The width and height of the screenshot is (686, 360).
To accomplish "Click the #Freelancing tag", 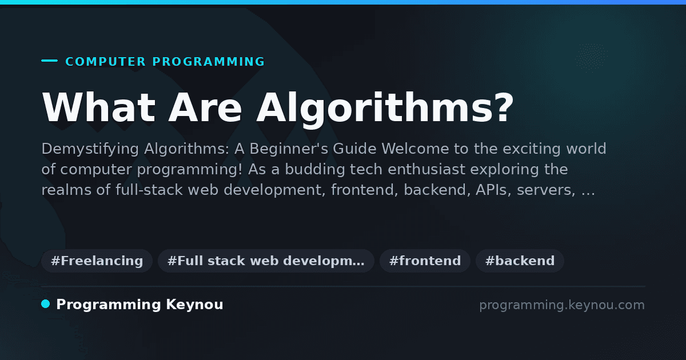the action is (97, 261).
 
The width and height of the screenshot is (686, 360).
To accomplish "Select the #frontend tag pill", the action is (425, 261).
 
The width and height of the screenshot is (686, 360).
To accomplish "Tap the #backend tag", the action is (520, 261).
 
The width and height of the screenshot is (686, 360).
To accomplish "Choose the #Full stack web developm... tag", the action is (266, 261).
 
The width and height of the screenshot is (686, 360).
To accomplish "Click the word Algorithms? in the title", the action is (385, 109).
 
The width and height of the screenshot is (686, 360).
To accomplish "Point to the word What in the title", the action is (98, 107).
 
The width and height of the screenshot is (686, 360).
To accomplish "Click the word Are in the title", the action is (205, 107).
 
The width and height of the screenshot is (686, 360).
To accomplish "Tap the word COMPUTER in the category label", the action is (105, 62).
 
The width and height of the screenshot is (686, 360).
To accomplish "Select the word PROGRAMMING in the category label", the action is (208, 62).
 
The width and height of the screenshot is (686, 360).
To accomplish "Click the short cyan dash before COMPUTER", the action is (49, 61).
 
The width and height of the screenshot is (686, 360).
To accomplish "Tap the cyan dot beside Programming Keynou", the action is (45, 304).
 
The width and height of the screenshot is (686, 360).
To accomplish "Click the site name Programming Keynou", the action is (139, 305).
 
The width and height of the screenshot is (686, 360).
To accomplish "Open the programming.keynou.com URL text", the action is (562, 305).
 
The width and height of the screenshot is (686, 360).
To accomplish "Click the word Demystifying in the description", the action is (90, 149).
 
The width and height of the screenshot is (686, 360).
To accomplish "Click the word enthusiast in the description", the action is (426, 169).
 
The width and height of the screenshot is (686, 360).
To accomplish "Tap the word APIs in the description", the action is (493, 190).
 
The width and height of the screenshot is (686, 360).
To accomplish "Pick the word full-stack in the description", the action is (149, 190).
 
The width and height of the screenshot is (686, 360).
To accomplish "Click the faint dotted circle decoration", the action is (591, 58).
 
